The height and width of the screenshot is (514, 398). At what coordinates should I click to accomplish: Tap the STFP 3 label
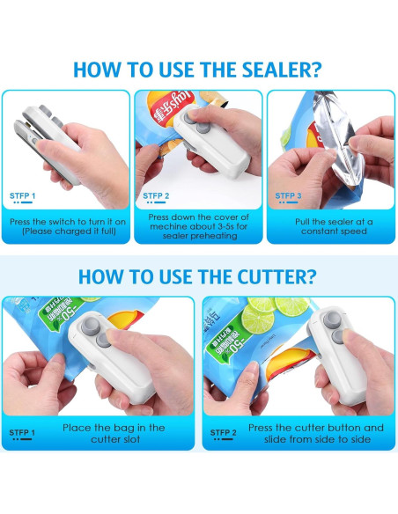coord(288,195)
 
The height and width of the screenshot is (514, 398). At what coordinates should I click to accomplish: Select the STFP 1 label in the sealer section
coord(23,195)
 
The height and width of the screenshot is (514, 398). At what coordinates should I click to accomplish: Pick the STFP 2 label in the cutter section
coord(223,432)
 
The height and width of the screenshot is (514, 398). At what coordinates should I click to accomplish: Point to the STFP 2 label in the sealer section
coord(155,195)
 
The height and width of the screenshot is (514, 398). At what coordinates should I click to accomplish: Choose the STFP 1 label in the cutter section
coord(23,432)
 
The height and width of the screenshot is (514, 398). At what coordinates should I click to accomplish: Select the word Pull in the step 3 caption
coord(304,222)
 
